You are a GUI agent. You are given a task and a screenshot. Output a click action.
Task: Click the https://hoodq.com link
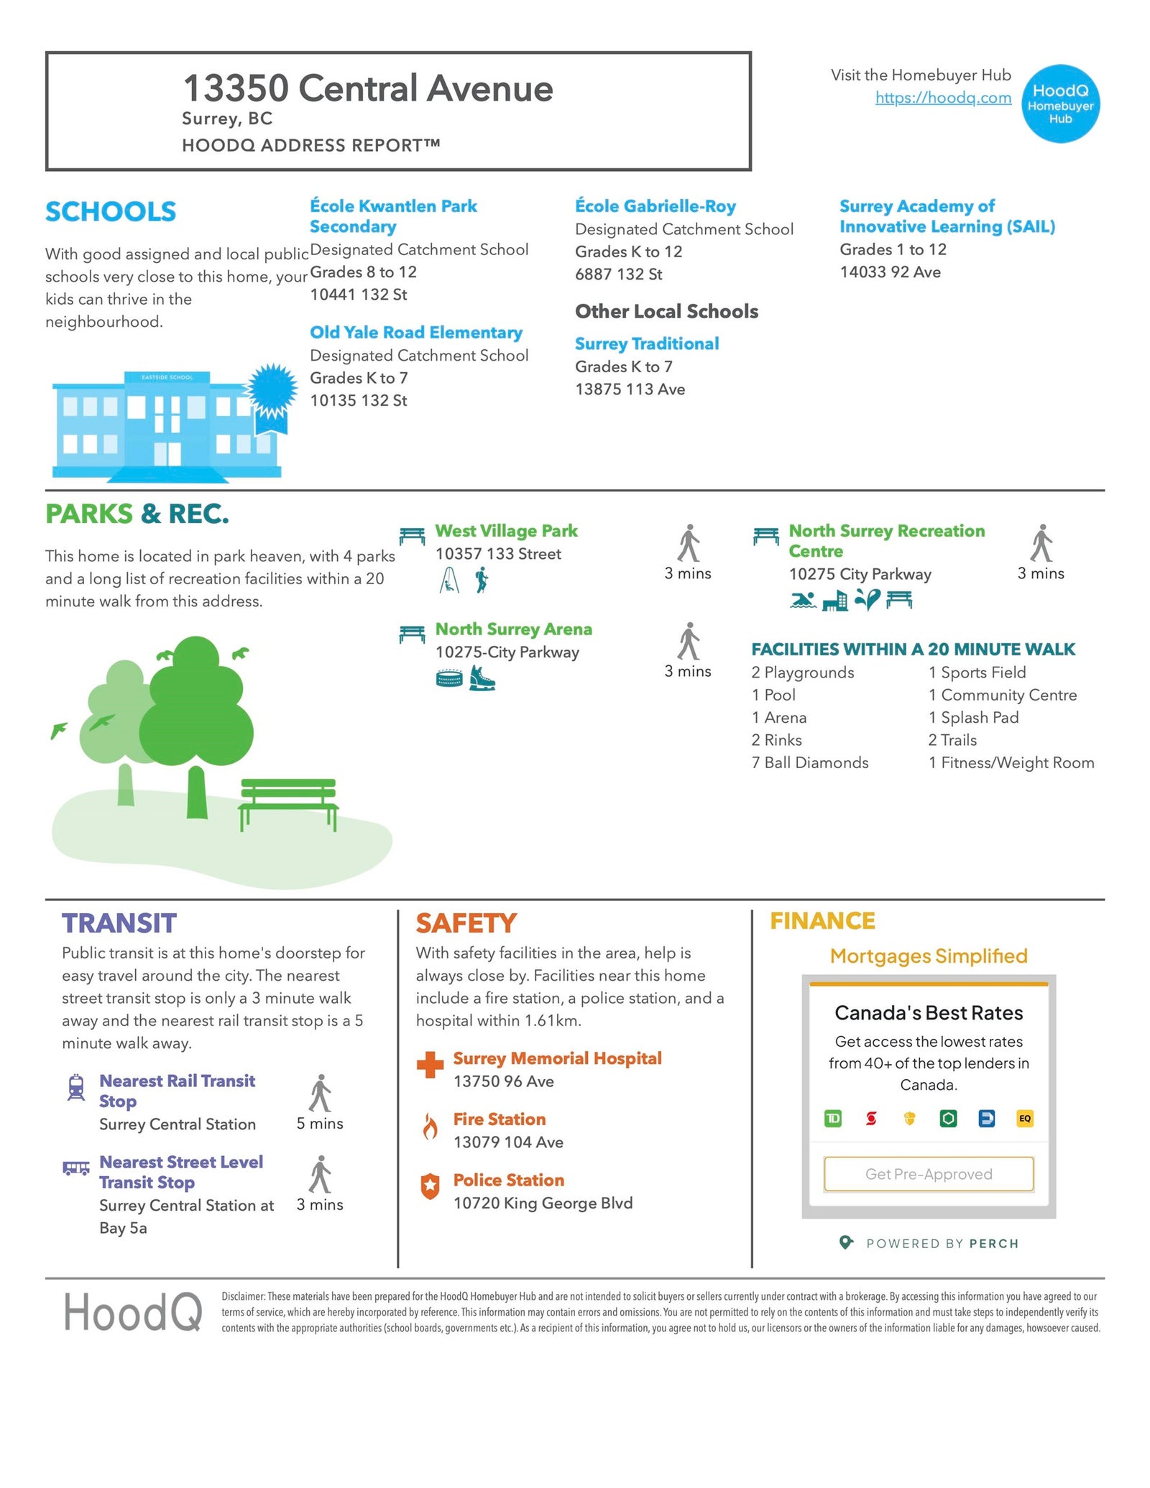coord(942,98)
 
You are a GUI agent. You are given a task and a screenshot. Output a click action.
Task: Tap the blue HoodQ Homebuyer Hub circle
coord(1059,104)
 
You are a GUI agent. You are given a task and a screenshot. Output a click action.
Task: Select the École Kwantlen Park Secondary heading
coord(392,216)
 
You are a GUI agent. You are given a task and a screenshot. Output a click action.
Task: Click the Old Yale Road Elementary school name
coord(415,332)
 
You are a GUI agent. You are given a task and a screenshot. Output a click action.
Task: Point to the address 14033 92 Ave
coord(890,272)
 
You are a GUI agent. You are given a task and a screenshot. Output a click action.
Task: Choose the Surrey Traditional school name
coord(646,343)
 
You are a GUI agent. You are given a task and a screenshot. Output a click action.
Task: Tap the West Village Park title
coord(506,530)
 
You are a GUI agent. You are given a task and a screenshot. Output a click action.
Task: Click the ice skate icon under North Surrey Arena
coord(482,678)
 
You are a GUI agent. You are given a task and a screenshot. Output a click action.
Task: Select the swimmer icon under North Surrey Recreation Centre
coord(802,600)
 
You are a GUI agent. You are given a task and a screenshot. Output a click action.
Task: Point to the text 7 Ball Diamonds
coord(809,762)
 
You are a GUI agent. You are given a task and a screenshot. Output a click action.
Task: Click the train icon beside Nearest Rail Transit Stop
coord(75,1087)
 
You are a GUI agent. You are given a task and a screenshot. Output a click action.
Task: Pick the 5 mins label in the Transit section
coord(320,1123)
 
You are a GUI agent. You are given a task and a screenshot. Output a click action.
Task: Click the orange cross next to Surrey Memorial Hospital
coord(430,1065)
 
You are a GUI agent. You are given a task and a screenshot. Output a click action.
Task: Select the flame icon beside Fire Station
coord(430,1127)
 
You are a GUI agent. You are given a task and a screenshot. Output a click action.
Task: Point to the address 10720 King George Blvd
coord(543,1203)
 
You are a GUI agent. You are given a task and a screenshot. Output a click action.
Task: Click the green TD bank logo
coord(832,1118)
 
